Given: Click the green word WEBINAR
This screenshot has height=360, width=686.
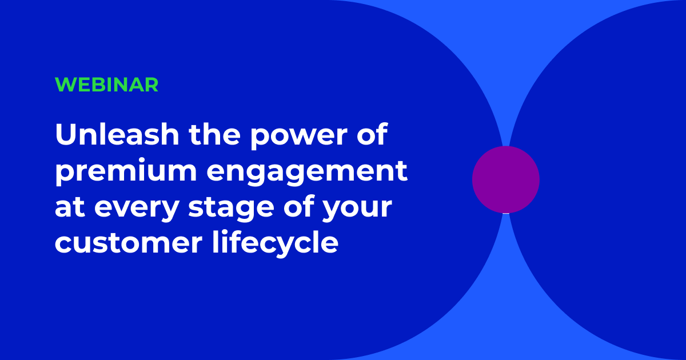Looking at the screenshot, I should click(x=106, y=85).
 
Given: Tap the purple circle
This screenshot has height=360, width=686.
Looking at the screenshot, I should click(x=505, y=179).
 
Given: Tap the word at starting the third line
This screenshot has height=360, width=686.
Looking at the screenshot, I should click(x=69, y=208).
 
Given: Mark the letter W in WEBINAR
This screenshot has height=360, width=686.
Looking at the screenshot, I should click(x=64, y=85).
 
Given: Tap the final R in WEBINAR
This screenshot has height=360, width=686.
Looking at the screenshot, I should click(x=151, y=85).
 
